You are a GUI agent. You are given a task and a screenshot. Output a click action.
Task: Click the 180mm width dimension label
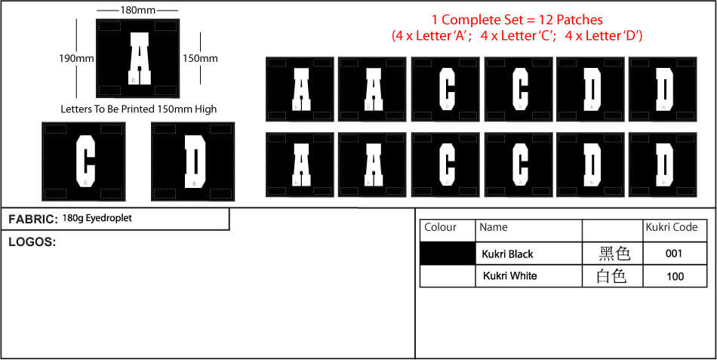[137, 9]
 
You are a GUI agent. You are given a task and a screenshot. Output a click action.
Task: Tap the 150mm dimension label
[200, 59]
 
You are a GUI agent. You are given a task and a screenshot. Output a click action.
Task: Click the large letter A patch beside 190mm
[137, 58]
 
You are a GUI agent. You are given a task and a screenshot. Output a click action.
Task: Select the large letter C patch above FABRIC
[84, 162]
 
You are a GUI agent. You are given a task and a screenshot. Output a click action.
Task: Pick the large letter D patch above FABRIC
[193, 162]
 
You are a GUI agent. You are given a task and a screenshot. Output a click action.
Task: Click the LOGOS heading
[32, 242]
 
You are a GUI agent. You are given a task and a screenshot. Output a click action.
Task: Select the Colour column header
[440, 227]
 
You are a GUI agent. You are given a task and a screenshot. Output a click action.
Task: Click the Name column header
[494, 227]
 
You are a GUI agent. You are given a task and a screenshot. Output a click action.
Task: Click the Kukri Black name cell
[508, 254]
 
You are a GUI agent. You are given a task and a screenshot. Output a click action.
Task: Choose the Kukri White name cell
[510, 276]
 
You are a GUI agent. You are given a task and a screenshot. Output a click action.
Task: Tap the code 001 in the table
[675, 254]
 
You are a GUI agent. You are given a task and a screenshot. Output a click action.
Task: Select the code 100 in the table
[675, 276]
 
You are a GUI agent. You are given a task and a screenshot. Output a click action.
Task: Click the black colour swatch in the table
[448, 254]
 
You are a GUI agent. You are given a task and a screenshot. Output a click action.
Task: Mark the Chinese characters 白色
[611, 276]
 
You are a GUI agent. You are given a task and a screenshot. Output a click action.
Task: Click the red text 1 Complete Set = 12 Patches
[517, 20]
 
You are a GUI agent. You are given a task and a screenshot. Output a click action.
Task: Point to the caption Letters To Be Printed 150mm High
[139, 109]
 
